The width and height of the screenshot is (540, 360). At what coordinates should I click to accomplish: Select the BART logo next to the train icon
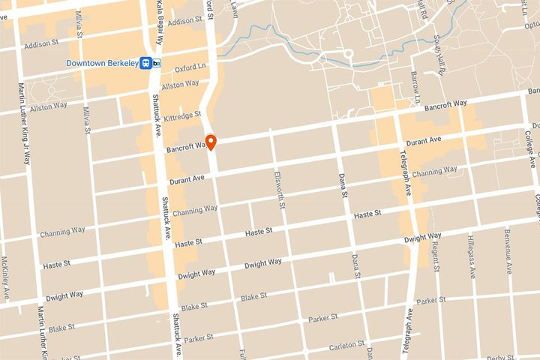tap(157, 64)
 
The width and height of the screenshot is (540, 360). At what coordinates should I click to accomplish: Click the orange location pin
tap(211, 141)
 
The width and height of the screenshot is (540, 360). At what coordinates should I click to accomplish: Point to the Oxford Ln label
tap(190, 68)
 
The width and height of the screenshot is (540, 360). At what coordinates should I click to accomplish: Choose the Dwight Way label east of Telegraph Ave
tap(421, 238)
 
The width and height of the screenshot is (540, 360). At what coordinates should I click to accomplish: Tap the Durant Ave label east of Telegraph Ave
tap(423, 141)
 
